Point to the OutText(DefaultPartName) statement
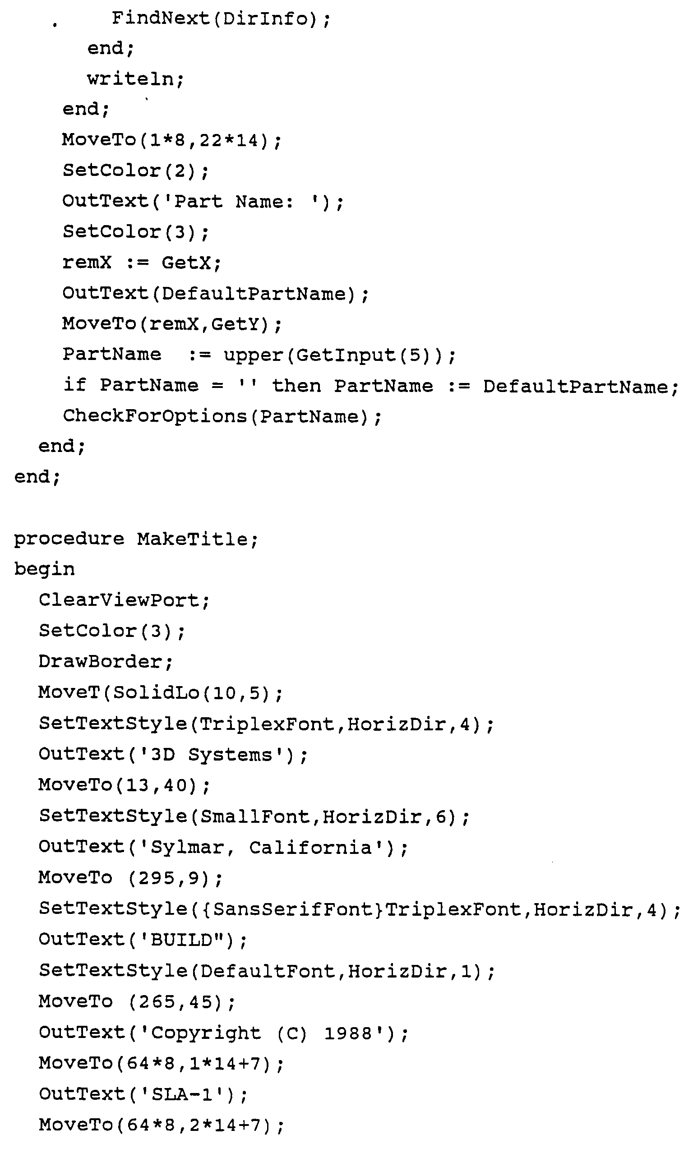point(215,294)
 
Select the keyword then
point(296,386)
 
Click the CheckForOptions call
point(222,416)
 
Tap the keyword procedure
point(69,539)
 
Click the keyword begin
point(44,569)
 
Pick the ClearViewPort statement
point(124,600)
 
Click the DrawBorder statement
point(105,662)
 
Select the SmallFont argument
point(254,816)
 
